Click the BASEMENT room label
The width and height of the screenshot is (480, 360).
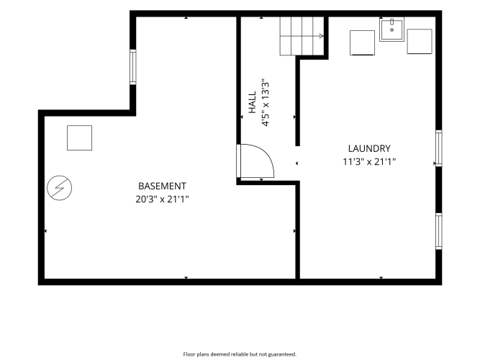pyautogui.click(x=162, y=186)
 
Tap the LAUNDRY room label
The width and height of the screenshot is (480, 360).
pyautogui.click(x=369, y=148)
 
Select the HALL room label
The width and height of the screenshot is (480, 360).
pyautogui.click(x=252, y=102)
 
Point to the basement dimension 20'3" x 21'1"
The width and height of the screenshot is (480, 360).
pyautogui.click(x=162, y=199)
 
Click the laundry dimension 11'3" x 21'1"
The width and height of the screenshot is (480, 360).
pyautogui.click(x=369, y=161)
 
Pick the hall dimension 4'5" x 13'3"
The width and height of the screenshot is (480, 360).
pyautogui.click(x=265, y=104)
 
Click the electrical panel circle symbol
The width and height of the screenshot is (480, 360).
pyautogui.click(x=60, y=188)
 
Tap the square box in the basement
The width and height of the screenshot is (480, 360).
pyautogui.click(x=80, y=138)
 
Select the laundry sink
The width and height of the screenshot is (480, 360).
pyautogui.click(x=391, y=29)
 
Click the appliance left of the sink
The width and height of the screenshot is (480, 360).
pyautogui.click(x=363, y=43)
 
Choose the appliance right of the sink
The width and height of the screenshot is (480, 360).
pyautogui.click(x=420, y=42)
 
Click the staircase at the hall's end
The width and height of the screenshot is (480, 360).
pyautogui.click(x=302, y=36)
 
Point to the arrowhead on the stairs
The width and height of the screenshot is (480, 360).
pyautogui.click(x=322, y=36)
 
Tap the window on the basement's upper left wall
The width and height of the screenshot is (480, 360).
pyautogui.click(x=133, y=67)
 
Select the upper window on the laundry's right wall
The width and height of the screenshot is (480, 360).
pyautogui.click(x=439, y=148)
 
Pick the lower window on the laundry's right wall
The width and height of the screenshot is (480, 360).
pyautogui.click(x=439, y=231)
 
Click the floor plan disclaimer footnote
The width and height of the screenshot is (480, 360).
pyautogui.click(x=240, y=354)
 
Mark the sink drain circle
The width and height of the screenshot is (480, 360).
pyautogui.click(x=391, y=30)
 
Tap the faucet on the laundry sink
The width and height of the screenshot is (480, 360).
pyautogui.click(x=391, y=22)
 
